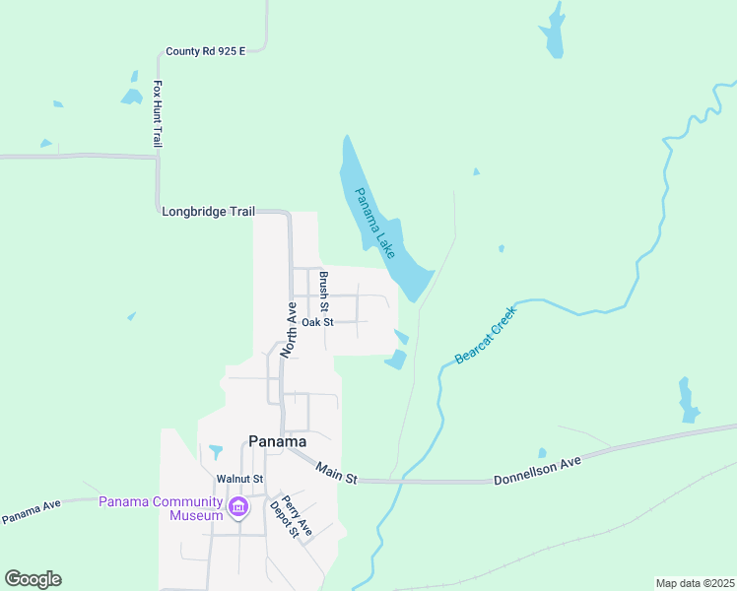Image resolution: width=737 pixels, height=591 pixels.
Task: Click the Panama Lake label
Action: tap(376, 224)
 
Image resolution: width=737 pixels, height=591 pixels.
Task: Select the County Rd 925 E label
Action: tap(205, 51)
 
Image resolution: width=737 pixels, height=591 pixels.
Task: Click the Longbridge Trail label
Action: tap(208, 211)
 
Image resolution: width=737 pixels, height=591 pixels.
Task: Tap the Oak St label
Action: tap(318, 322)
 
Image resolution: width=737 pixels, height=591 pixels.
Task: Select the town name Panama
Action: tap(277, 441)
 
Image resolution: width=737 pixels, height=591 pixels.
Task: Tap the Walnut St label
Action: tap(240, 480)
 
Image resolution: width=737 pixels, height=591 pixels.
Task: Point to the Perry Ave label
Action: tap(299, 514)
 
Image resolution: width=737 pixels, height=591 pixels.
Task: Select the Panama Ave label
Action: tap(32, 511)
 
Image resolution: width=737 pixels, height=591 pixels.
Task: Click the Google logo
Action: tap(33, 579)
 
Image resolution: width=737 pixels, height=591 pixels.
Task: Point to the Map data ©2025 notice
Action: tap(695, 582)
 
